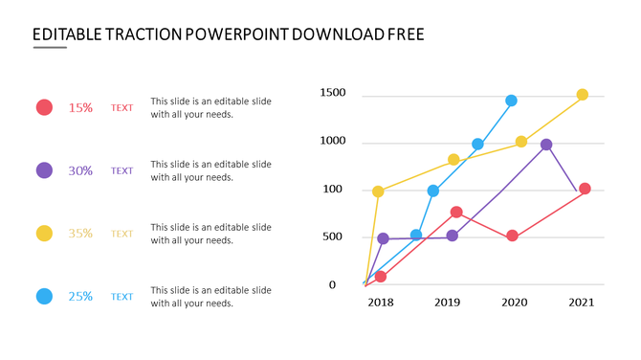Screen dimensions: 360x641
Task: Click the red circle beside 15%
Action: coord(44,107)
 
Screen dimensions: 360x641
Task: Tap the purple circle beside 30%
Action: coord(44,170)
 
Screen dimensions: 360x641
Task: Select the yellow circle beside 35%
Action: coord(44,234)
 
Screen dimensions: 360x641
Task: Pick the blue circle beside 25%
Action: coord(44,297)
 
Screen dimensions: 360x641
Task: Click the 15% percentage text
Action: coord(80,108)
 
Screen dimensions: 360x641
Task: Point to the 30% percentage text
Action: coord(80,171)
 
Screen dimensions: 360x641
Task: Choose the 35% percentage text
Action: coord(80,234)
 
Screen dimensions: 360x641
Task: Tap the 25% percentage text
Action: coord(80,297)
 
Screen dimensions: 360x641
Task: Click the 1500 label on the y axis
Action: coord(333,93)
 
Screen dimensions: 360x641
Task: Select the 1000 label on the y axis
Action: coord(333,141)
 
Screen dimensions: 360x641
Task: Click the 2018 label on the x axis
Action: coord(381,303)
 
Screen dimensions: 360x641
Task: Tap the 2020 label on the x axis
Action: coord(515,303)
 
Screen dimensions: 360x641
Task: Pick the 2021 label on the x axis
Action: coord(582,303)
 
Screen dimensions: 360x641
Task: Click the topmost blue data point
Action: coord(511,101)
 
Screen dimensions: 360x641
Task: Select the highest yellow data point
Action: coord(582,95)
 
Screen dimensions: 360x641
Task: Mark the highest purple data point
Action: coord(545,145)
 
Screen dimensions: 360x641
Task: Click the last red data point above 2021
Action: coord(585,189)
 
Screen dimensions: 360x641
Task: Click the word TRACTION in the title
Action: coord(138,35)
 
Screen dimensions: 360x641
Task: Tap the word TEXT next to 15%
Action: coord(122,108)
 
